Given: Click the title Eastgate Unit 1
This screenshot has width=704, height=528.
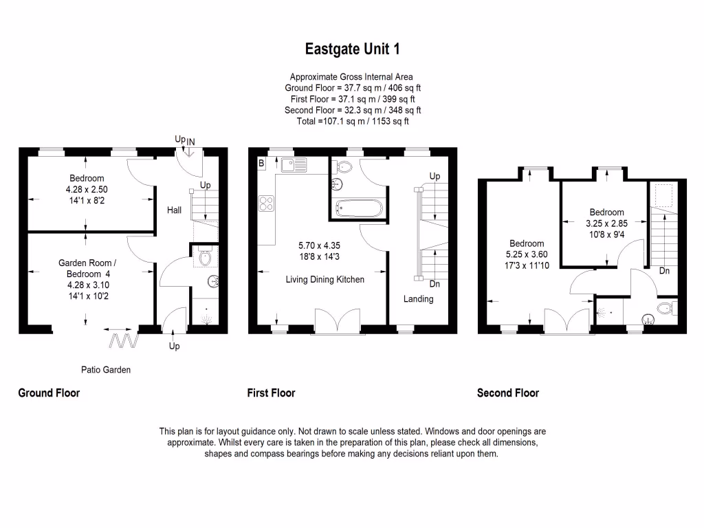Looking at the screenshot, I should pos(352,49).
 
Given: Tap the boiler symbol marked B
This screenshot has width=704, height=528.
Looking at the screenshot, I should pos(261,163).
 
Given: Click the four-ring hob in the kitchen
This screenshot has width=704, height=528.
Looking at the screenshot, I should pos(266,203).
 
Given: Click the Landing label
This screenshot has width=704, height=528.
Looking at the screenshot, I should pos(418,299).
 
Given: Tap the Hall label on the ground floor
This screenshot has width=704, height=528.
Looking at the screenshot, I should pos(175,210).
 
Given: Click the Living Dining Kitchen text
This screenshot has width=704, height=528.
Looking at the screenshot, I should pos(325,280).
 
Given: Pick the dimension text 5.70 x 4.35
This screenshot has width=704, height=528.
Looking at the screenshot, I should pos(319,245).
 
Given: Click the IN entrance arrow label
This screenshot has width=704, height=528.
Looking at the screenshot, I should pos(190,142).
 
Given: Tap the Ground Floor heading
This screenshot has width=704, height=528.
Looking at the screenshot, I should pos(49,393).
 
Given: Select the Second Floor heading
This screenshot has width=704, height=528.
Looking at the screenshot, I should pos(508,393).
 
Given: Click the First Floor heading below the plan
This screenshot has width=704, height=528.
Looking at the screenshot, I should pos(271,393).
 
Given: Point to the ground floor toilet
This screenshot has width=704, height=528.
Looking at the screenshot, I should pos(204,257).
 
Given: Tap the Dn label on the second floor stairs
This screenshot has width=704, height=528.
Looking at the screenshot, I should pos(664,271).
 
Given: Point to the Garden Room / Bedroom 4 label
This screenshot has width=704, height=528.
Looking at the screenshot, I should pos(87,267).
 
